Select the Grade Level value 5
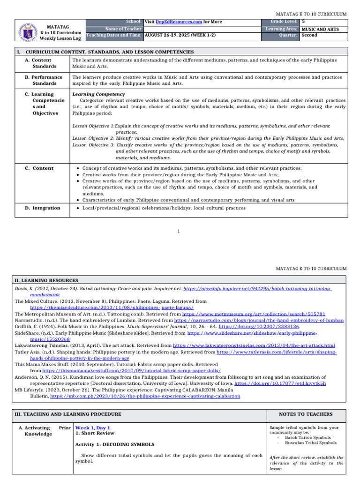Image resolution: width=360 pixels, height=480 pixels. (x=304, y=22)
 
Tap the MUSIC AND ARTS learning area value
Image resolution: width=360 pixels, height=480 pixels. (x=320, y=29)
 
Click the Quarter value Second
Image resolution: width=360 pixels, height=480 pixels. (x=309, y=35)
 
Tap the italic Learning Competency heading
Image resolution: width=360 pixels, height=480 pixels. (x=92, y=94)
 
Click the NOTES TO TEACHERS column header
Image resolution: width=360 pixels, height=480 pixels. (x=306, y=414)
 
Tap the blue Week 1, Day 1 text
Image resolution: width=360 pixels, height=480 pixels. (x=93, y=428)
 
